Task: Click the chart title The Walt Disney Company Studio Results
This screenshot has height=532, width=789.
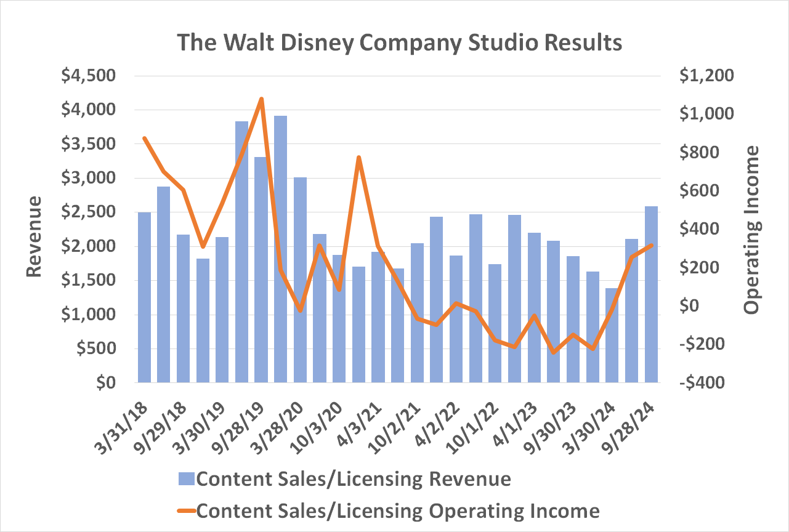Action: [x=399, y=43]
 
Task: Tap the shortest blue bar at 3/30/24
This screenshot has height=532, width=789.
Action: [x=612, y=335]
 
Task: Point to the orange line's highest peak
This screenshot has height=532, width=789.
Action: [x=261, y=99]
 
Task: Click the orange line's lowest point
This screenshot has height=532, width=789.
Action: [x=553, y=352]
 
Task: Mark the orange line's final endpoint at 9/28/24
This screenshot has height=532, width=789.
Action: [x=651, y=245]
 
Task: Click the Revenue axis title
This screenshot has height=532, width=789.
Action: [x=34, y=237]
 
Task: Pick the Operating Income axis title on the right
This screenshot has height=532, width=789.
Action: [x=752, y=230]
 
